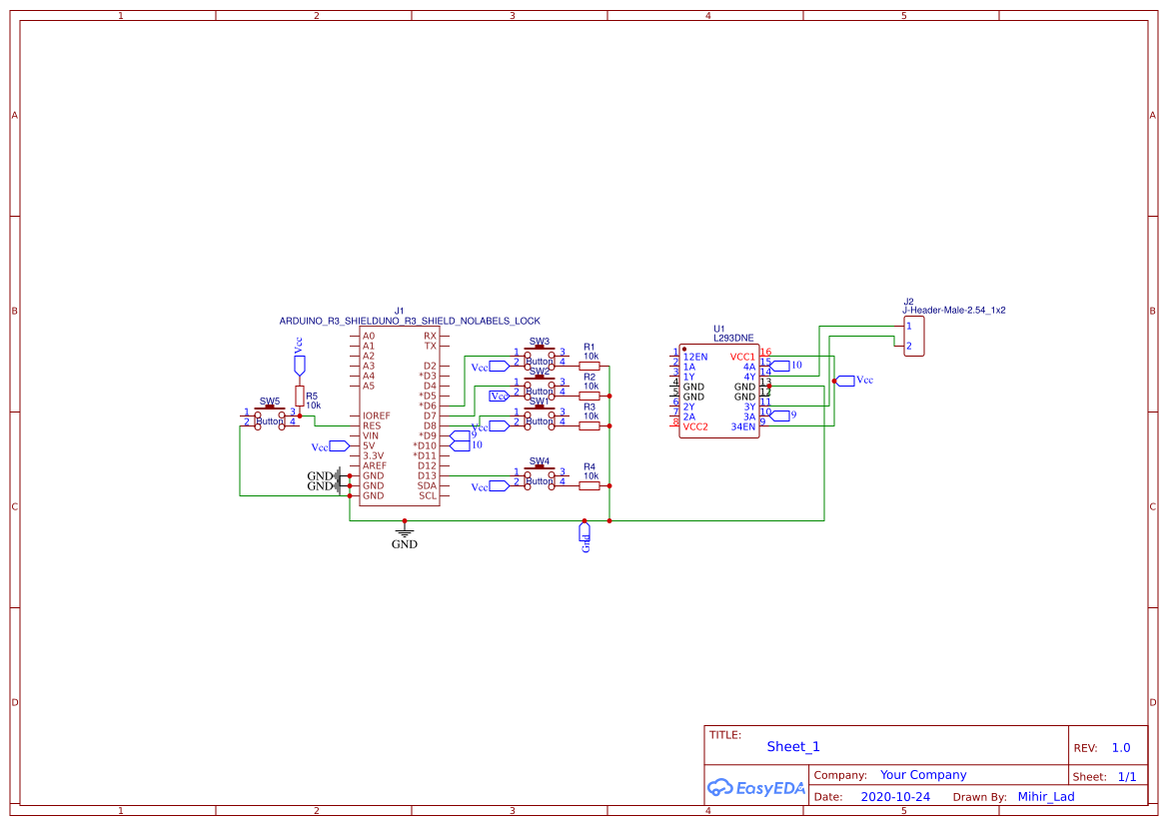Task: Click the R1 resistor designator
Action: point(589,346)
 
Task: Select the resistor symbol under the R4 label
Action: point(589,485)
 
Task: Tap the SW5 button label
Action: point(270,402)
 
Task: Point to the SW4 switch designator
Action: point(540,461)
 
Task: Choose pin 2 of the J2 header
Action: point(909,346)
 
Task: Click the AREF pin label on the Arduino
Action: point(375,465)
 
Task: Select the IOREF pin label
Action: point(377,415)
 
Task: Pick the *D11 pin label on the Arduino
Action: point(425,455)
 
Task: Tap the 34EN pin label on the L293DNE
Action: point(743,426)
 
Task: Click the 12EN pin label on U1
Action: point(695,357)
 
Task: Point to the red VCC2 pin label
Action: point(695,426)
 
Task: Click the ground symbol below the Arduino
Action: point(404,532)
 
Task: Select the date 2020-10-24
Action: point(895,797)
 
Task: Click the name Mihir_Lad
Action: point(1046,797)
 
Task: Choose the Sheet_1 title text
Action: point(793,746)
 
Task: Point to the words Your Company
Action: point(923,775)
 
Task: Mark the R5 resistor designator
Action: point(312,397)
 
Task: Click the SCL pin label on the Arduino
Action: point(428,495)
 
